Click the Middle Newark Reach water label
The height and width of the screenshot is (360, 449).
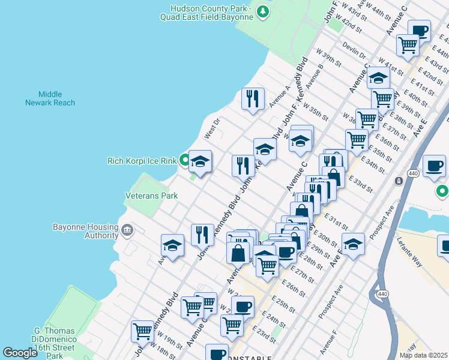click(50, 98)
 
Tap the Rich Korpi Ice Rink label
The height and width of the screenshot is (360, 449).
click(142, 161)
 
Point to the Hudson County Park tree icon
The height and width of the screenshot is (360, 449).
click(262, 11)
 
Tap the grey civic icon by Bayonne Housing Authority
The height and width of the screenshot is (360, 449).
click(127, 230)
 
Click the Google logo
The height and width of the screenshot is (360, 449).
click(20, 353)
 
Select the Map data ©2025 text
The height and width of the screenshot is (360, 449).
click(423, 355)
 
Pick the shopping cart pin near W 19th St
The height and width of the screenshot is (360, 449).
click(143, 331)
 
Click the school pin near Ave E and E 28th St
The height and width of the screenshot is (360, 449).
click(354, 244)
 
